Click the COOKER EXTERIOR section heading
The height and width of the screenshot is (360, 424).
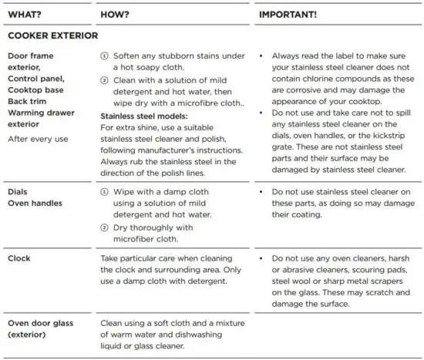point(52,35)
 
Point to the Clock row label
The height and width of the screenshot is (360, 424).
point(19,259)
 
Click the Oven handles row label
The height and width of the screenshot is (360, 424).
point(35,203)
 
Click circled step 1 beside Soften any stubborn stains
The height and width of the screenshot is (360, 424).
point(105,57)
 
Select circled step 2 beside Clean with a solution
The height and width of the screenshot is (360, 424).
point(105,80)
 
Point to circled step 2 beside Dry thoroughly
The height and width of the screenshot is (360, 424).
point(105,227)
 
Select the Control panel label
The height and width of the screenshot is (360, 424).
point(37,79)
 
